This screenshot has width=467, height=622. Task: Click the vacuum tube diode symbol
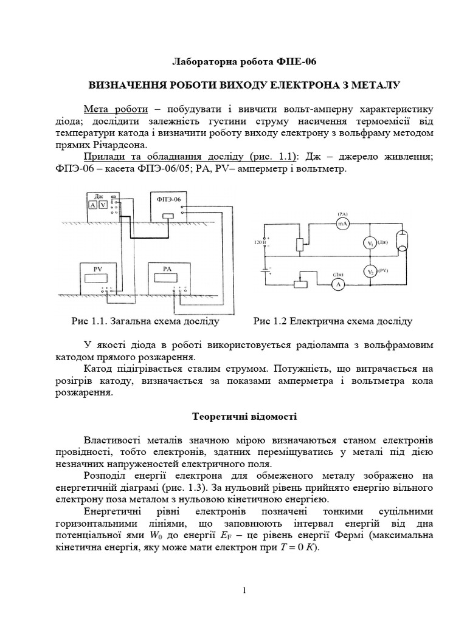tap(401, 241)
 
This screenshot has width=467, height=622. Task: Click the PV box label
tap(99, 268)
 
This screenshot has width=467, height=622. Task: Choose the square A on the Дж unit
tap(93, 205)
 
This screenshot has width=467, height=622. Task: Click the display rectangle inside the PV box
tap(100, 278)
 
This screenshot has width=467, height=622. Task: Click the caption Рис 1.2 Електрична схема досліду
tap(333, 320)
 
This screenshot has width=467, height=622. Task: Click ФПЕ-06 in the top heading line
tap(296, 62)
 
